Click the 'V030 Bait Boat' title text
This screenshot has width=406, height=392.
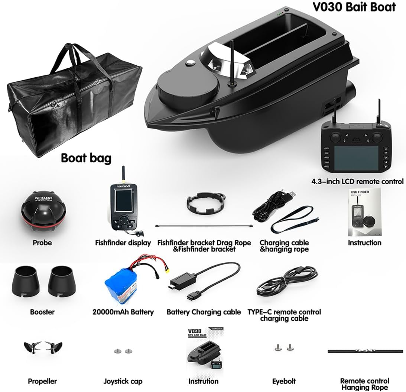click(x=354, y=7)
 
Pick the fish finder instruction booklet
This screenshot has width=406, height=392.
click(x=365, y=212)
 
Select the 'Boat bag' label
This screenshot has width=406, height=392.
click(x=86, y=158)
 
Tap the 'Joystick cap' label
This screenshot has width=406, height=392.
click(x=123, y=381)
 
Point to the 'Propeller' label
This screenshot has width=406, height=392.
click(x=42, y=381)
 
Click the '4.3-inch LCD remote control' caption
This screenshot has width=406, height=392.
click(x=357, y=182)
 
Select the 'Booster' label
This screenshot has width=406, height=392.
click(x=42, y=312)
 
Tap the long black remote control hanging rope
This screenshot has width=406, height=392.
click(x=365, y=351)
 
